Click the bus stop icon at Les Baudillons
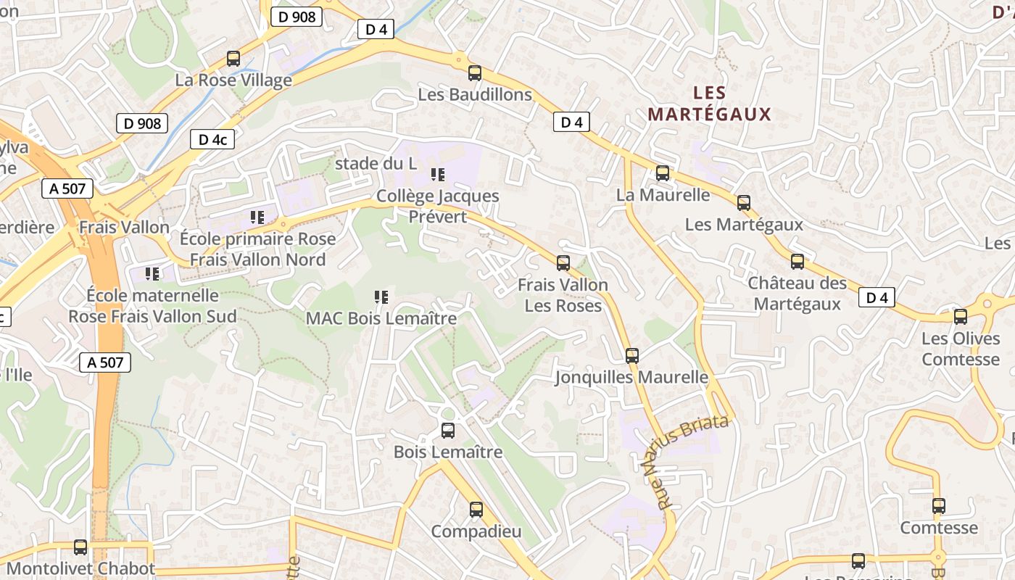[475, 73]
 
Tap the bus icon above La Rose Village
[233, 59]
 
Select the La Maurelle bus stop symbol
[663, 173]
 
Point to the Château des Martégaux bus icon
[797, 262]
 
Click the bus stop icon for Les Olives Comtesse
[961, 317]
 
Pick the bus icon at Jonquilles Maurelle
[632, 356]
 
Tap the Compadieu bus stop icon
[476, 510]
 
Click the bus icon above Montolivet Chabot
[80, 547]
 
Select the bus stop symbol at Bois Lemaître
[448, 431]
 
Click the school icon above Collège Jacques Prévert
[437, 174]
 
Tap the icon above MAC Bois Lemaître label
[381, 297]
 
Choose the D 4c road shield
[212, 140]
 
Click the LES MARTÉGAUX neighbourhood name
[709, 104]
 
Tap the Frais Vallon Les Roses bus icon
[563, 263]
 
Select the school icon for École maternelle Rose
[152, 273]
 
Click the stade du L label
[376, 164]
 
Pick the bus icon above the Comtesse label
[939, 506]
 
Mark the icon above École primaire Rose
[257, 217]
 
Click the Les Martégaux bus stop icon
[744, 203]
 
